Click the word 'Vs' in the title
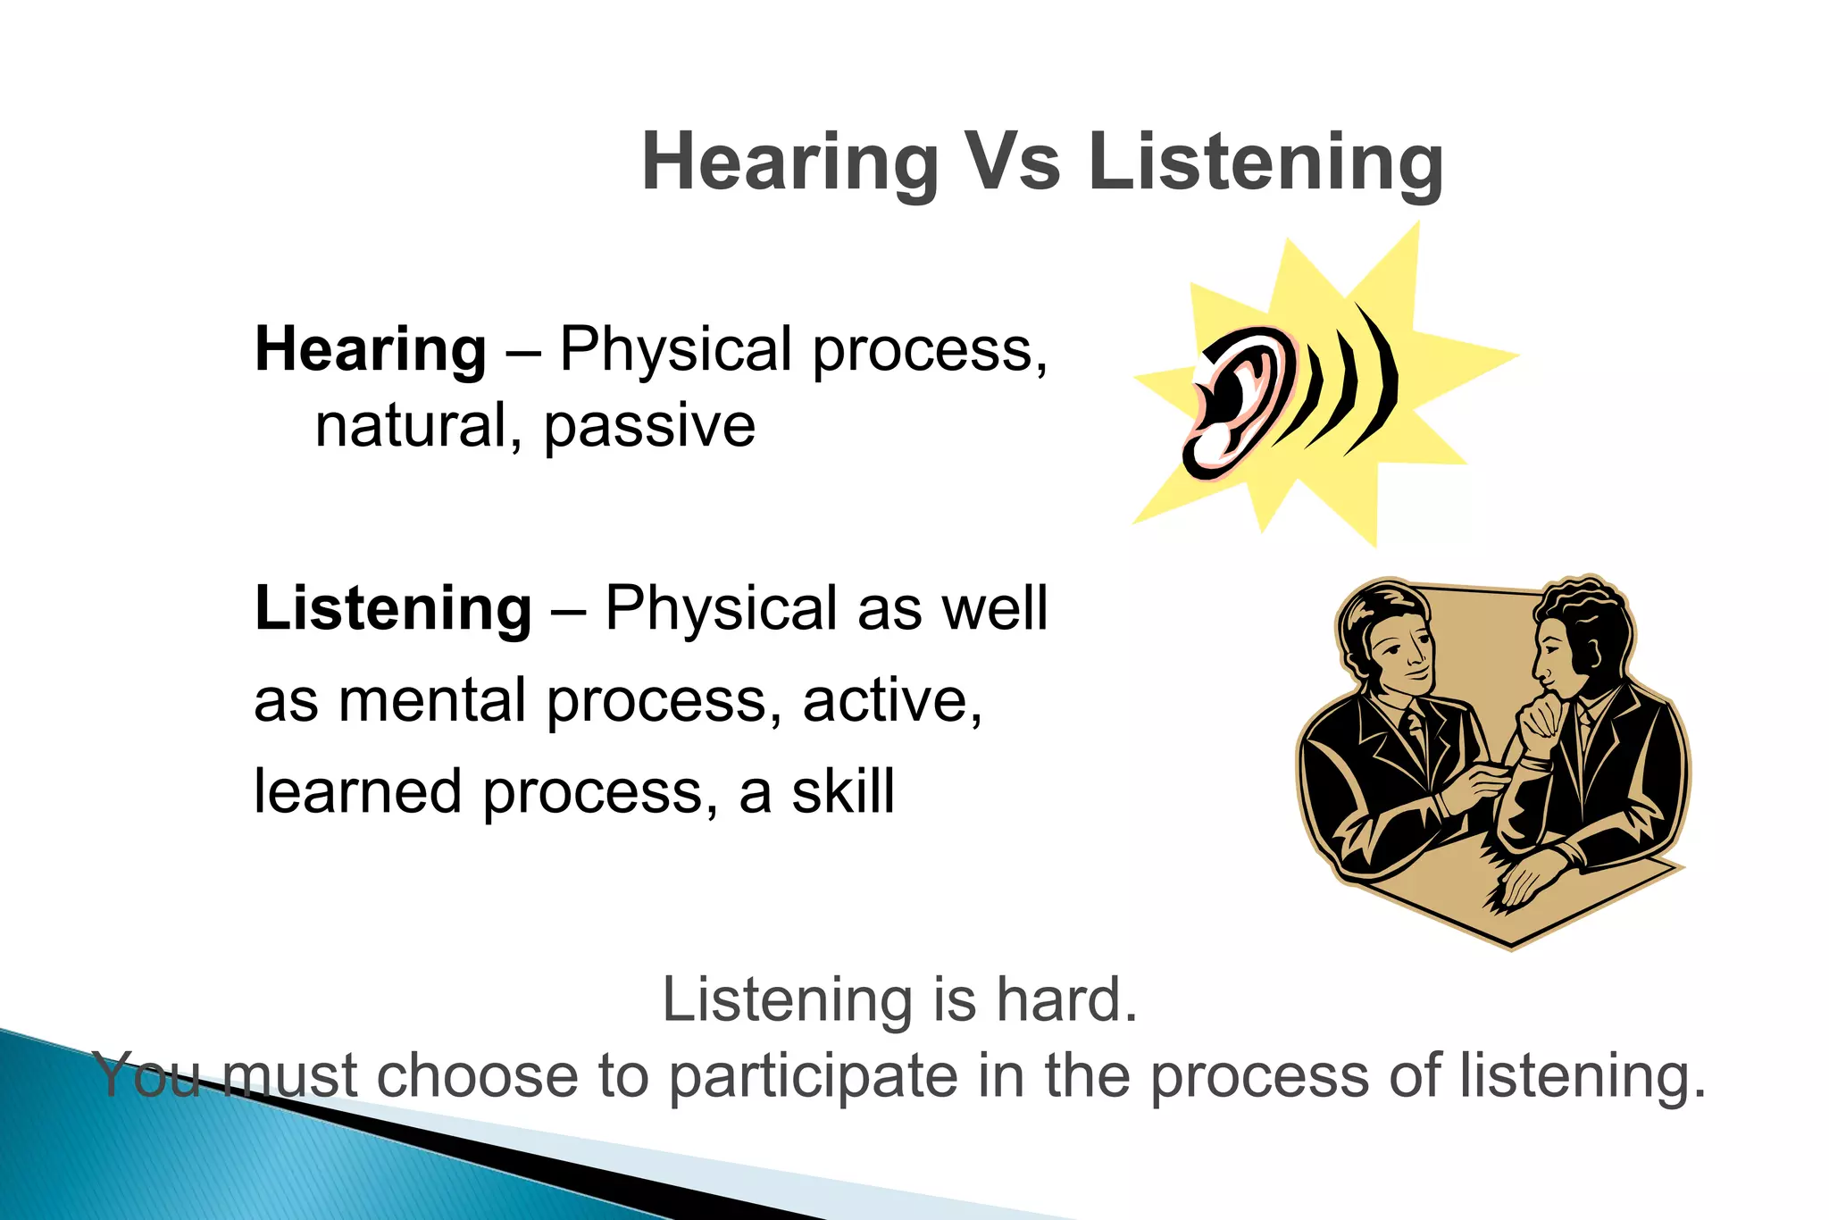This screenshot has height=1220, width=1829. click(1013, 163)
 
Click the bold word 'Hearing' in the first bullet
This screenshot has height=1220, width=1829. click(370, 349)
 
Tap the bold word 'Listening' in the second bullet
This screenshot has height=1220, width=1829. click(393, 608)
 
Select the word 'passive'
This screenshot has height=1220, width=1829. click(649, 427)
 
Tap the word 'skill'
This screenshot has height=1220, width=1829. click(842, 792)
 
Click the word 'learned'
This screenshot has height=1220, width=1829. click(357, 792)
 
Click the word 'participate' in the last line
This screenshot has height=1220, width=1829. click(814, 1076)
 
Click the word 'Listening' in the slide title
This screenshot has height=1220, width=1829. click(1265, 163)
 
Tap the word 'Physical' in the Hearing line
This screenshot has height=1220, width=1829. click(675, 349)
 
